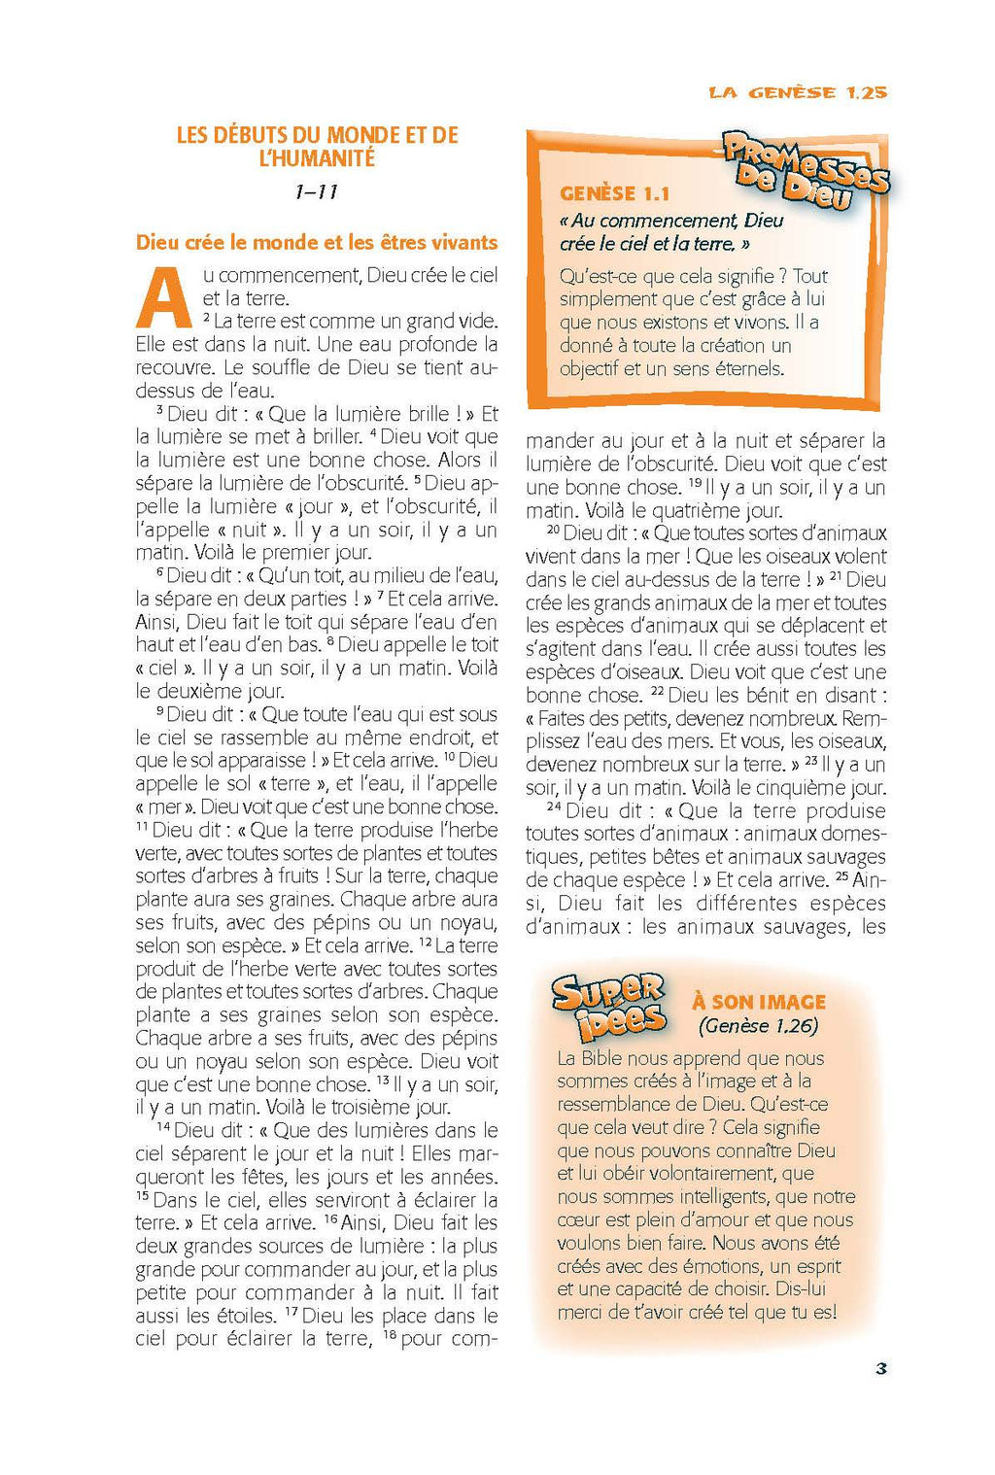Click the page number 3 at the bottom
pyautogui.click(x=881, y=1368)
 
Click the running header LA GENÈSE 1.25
pyautogui.click(x=798, y=92)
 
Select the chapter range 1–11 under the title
pyautogui.click(x=316, y=192)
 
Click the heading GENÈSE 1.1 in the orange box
pyautogui.click(x=614, y=193)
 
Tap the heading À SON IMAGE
pyautogui.click(x=759, y=1002)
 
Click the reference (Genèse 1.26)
pyautogui.click(x=758, y=1026)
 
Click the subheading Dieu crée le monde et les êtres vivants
pyautogui.click(x=317, y=243)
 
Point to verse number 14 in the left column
pyautogui.click(x=162, y=1127)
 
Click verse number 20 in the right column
pyautogui.click(x=553, y=530)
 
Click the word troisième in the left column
pyautogui.click(x=344, y=1107)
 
